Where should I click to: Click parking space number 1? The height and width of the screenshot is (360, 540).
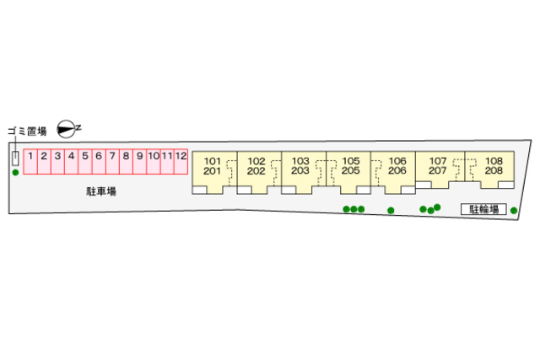pyautogui.click(x=30, y=161)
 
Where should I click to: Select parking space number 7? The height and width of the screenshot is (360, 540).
pyautogui.click(x=112, y=161)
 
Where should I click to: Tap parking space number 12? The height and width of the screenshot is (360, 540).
pyautogui.click(x=181, y=161)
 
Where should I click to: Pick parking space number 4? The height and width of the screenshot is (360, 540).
pyautogui.click(x=71, y=161)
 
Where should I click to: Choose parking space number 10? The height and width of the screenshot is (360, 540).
pyautogui.click(x=154, y=161)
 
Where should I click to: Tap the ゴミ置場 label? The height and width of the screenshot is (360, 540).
pyautogui.click(x=27, y=132)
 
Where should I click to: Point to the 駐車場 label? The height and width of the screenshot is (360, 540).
pyautogui.click(x=101, y=191)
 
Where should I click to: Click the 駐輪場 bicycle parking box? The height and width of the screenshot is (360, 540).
pyautogui.click(x=483, y=209)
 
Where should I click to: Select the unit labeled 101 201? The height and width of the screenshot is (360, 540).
pyautogui.click(x=214, y=172)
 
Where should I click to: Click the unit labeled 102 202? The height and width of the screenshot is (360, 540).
pyautogui.click(x=259, y=172)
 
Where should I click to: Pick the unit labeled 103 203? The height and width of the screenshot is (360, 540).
pyautogui.click(x=304, y=172)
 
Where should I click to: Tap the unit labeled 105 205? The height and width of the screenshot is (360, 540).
pyautogui.click(x=348, y=172)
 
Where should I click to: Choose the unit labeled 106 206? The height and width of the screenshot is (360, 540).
pyautogui.click(x=393, y=172)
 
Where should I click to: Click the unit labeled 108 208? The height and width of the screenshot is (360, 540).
pyautogui.click(x=489, y=169)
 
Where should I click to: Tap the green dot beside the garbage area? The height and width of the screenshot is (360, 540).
pyautogui.click(x=15, y=173)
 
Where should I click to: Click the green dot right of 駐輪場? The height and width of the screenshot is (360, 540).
pyautogui.click(x=514, y=210)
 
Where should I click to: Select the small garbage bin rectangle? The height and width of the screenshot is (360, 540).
pyautogui.click(x=15, y=159)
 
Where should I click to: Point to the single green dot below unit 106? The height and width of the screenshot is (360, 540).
pyautogui.click(x=391, y=210)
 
